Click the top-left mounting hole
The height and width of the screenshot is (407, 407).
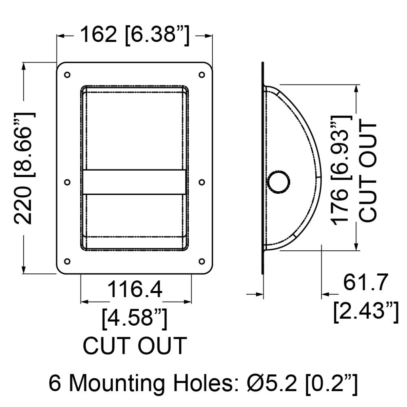(x=67, y=75)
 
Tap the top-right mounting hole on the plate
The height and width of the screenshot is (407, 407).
(x=202, y=75)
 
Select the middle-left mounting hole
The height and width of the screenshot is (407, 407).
(x=67, y=182)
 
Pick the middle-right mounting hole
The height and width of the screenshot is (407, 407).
(x=202, y=182)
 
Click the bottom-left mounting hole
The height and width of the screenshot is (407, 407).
(x=67, y=261)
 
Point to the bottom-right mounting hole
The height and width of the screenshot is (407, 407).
(x=202, y=261)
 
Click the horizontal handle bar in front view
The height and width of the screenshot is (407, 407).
(x=134, y=182)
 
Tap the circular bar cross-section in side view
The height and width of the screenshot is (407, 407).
(x=278, y=182)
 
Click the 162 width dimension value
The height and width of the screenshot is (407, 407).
(x=98, y=35)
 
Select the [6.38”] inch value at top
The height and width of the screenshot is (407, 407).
(x=157, y=36)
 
